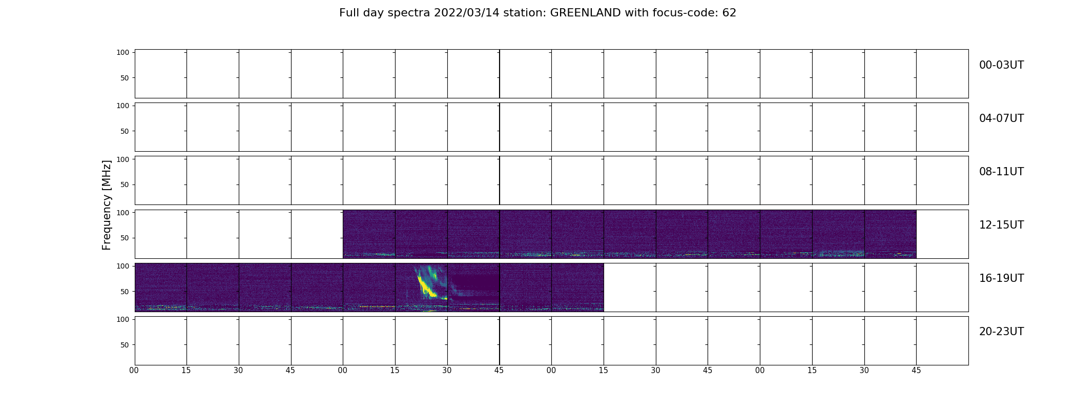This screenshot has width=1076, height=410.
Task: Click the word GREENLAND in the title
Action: coord(585,13)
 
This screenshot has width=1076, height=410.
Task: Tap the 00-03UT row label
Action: coord(1001,65)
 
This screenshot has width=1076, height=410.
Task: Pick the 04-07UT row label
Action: coord(1001,118)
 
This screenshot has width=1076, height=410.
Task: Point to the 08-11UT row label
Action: coord(1001,172)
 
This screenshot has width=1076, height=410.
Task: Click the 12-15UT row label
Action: coord(1001,225)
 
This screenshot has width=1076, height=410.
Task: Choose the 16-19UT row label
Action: coord(1001,278)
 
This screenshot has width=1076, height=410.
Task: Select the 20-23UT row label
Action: coord(1001,332)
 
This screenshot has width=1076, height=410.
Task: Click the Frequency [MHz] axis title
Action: coord(107,205)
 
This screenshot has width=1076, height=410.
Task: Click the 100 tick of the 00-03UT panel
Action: coord(122,52)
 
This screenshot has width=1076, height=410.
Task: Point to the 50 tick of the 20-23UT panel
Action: coord(125,345)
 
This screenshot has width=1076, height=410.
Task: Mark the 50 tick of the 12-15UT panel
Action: coord(125,238)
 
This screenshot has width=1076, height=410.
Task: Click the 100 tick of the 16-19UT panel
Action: coord(122,266)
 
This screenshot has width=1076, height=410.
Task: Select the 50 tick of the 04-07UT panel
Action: coord(125,131)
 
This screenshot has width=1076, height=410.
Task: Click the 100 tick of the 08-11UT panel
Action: coord(122,159)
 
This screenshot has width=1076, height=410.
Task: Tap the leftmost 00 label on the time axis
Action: coord(134,371)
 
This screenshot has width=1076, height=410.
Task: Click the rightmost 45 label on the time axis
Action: coord(916,371)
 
